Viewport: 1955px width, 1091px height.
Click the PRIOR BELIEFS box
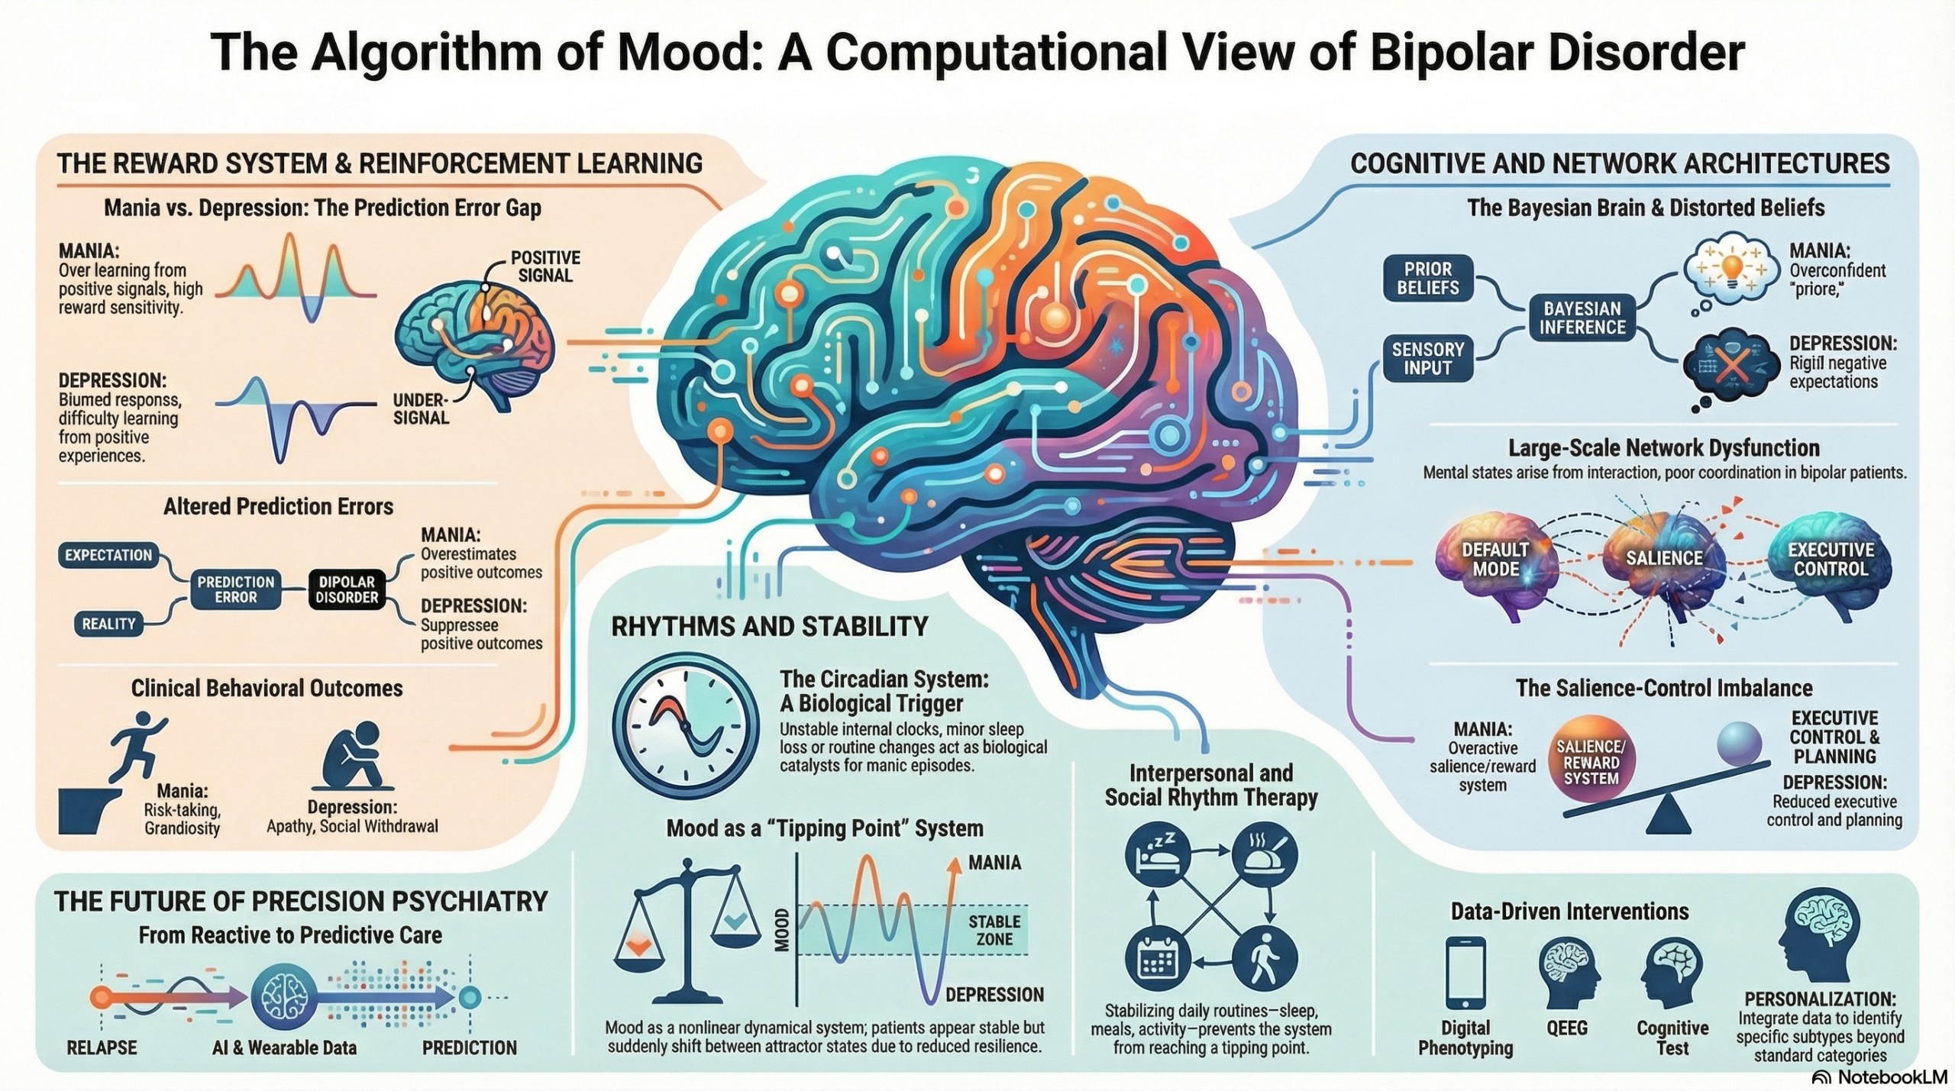1427,279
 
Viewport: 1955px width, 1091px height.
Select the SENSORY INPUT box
1427,359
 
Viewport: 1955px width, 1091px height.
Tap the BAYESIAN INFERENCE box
1582,318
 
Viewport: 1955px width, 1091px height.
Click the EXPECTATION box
108,555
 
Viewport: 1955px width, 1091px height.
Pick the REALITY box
108,624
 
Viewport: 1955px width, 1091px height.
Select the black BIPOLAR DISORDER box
347,589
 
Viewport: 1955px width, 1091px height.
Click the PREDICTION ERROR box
235,589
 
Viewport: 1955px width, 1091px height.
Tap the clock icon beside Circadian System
686,725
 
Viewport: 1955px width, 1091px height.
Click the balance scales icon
687,931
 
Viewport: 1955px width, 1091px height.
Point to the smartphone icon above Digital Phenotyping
1465,973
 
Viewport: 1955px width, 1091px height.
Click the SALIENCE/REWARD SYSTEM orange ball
1591,762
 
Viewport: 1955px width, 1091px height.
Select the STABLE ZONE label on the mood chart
994,931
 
